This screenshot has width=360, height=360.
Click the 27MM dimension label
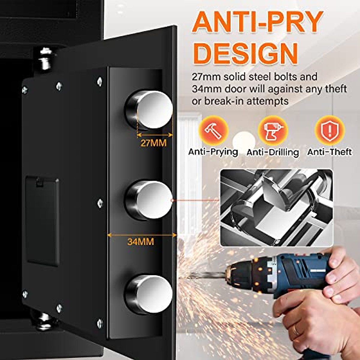(153, 143)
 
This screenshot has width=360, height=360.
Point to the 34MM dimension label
(140, 241)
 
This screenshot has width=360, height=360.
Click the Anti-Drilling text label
(273, 152)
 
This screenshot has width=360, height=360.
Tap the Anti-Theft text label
(329, 152)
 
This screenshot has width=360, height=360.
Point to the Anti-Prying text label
(213, 152)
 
